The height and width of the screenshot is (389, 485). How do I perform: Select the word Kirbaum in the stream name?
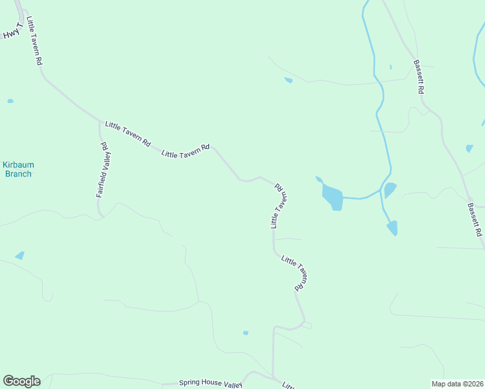[x=17, y=165]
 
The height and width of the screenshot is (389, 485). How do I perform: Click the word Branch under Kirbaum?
[x=18, y=174]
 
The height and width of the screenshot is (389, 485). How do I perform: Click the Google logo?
[x=21, y=381]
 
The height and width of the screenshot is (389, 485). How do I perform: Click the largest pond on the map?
[x=333, y=196]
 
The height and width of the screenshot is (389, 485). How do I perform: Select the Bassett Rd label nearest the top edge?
[x=418, y=77]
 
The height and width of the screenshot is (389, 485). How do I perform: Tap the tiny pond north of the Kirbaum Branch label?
[x=10, y=101]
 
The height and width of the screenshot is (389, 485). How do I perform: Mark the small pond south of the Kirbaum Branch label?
[x=19, y=255]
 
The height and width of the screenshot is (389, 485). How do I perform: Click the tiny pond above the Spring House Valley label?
[x=246, y=333]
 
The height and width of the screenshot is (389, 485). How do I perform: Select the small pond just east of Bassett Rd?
[x=469, y=148]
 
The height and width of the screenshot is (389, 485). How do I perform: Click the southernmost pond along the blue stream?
[x=392, y=228]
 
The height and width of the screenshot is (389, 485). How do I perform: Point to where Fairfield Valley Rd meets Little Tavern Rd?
[x=100, y=122]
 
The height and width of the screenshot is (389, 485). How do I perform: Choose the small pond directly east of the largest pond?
[x=390, y=190]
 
